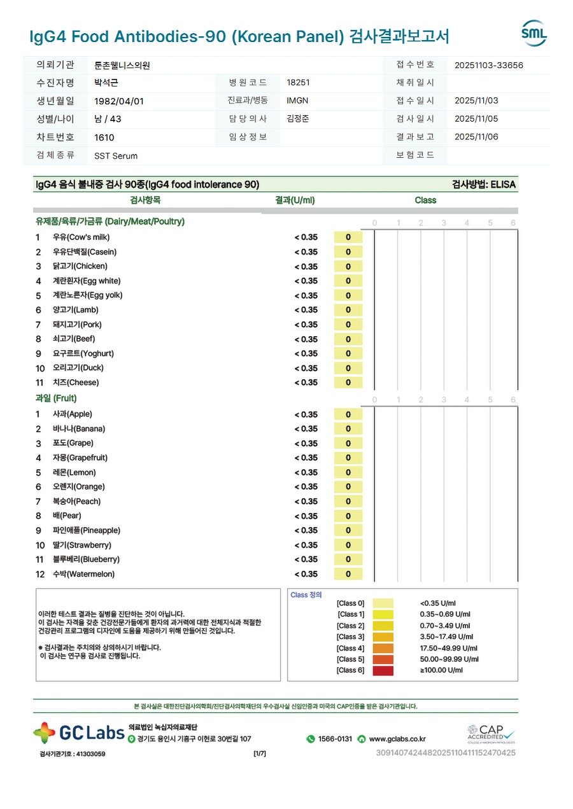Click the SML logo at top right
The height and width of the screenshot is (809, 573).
(534, 33)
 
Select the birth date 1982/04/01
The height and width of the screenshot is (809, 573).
(119, 101)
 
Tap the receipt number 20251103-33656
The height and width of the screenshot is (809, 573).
(489, 65)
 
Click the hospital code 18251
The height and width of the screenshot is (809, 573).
(299, 83)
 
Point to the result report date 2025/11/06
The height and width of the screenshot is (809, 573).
(477, 137)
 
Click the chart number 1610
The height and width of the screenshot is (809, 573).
(104, 137)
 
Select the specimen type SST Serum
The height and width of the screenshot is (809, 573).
(116, 156)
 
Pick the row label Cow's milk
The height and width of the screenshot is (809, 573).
(81, 237)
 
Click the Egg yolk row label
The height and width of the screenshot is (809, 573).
(87, 295)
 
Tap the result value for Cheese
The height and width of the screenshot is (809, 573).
(306, 383)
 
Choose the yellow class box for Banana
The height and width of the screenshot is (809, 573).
(348, 429)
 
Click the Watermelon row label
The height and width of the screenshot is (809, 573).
(83, 574)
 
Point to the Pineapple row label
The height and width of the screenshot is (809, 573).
(86, 530)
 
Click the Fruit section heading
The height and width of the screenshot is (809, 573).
(56, 398)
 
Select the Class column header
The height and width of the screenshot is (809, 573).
(425, 200)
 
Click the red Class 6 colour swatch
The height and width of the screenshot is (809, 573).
(383, 670)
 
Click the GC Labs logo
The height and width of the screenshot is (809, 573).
(79, 733)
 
